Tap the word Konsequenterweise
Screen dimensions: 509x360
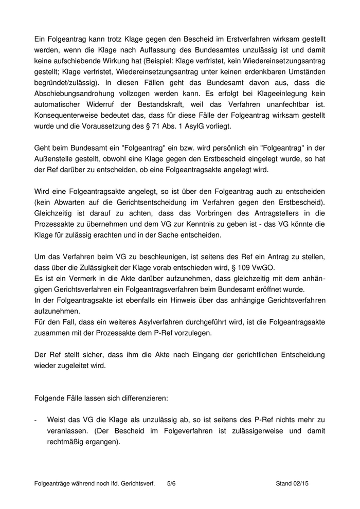coord(67,130)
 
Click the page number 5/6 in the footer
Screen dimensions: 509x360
coord(171,483)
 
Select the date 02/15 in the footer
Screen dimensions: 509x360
coord(305,483)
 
